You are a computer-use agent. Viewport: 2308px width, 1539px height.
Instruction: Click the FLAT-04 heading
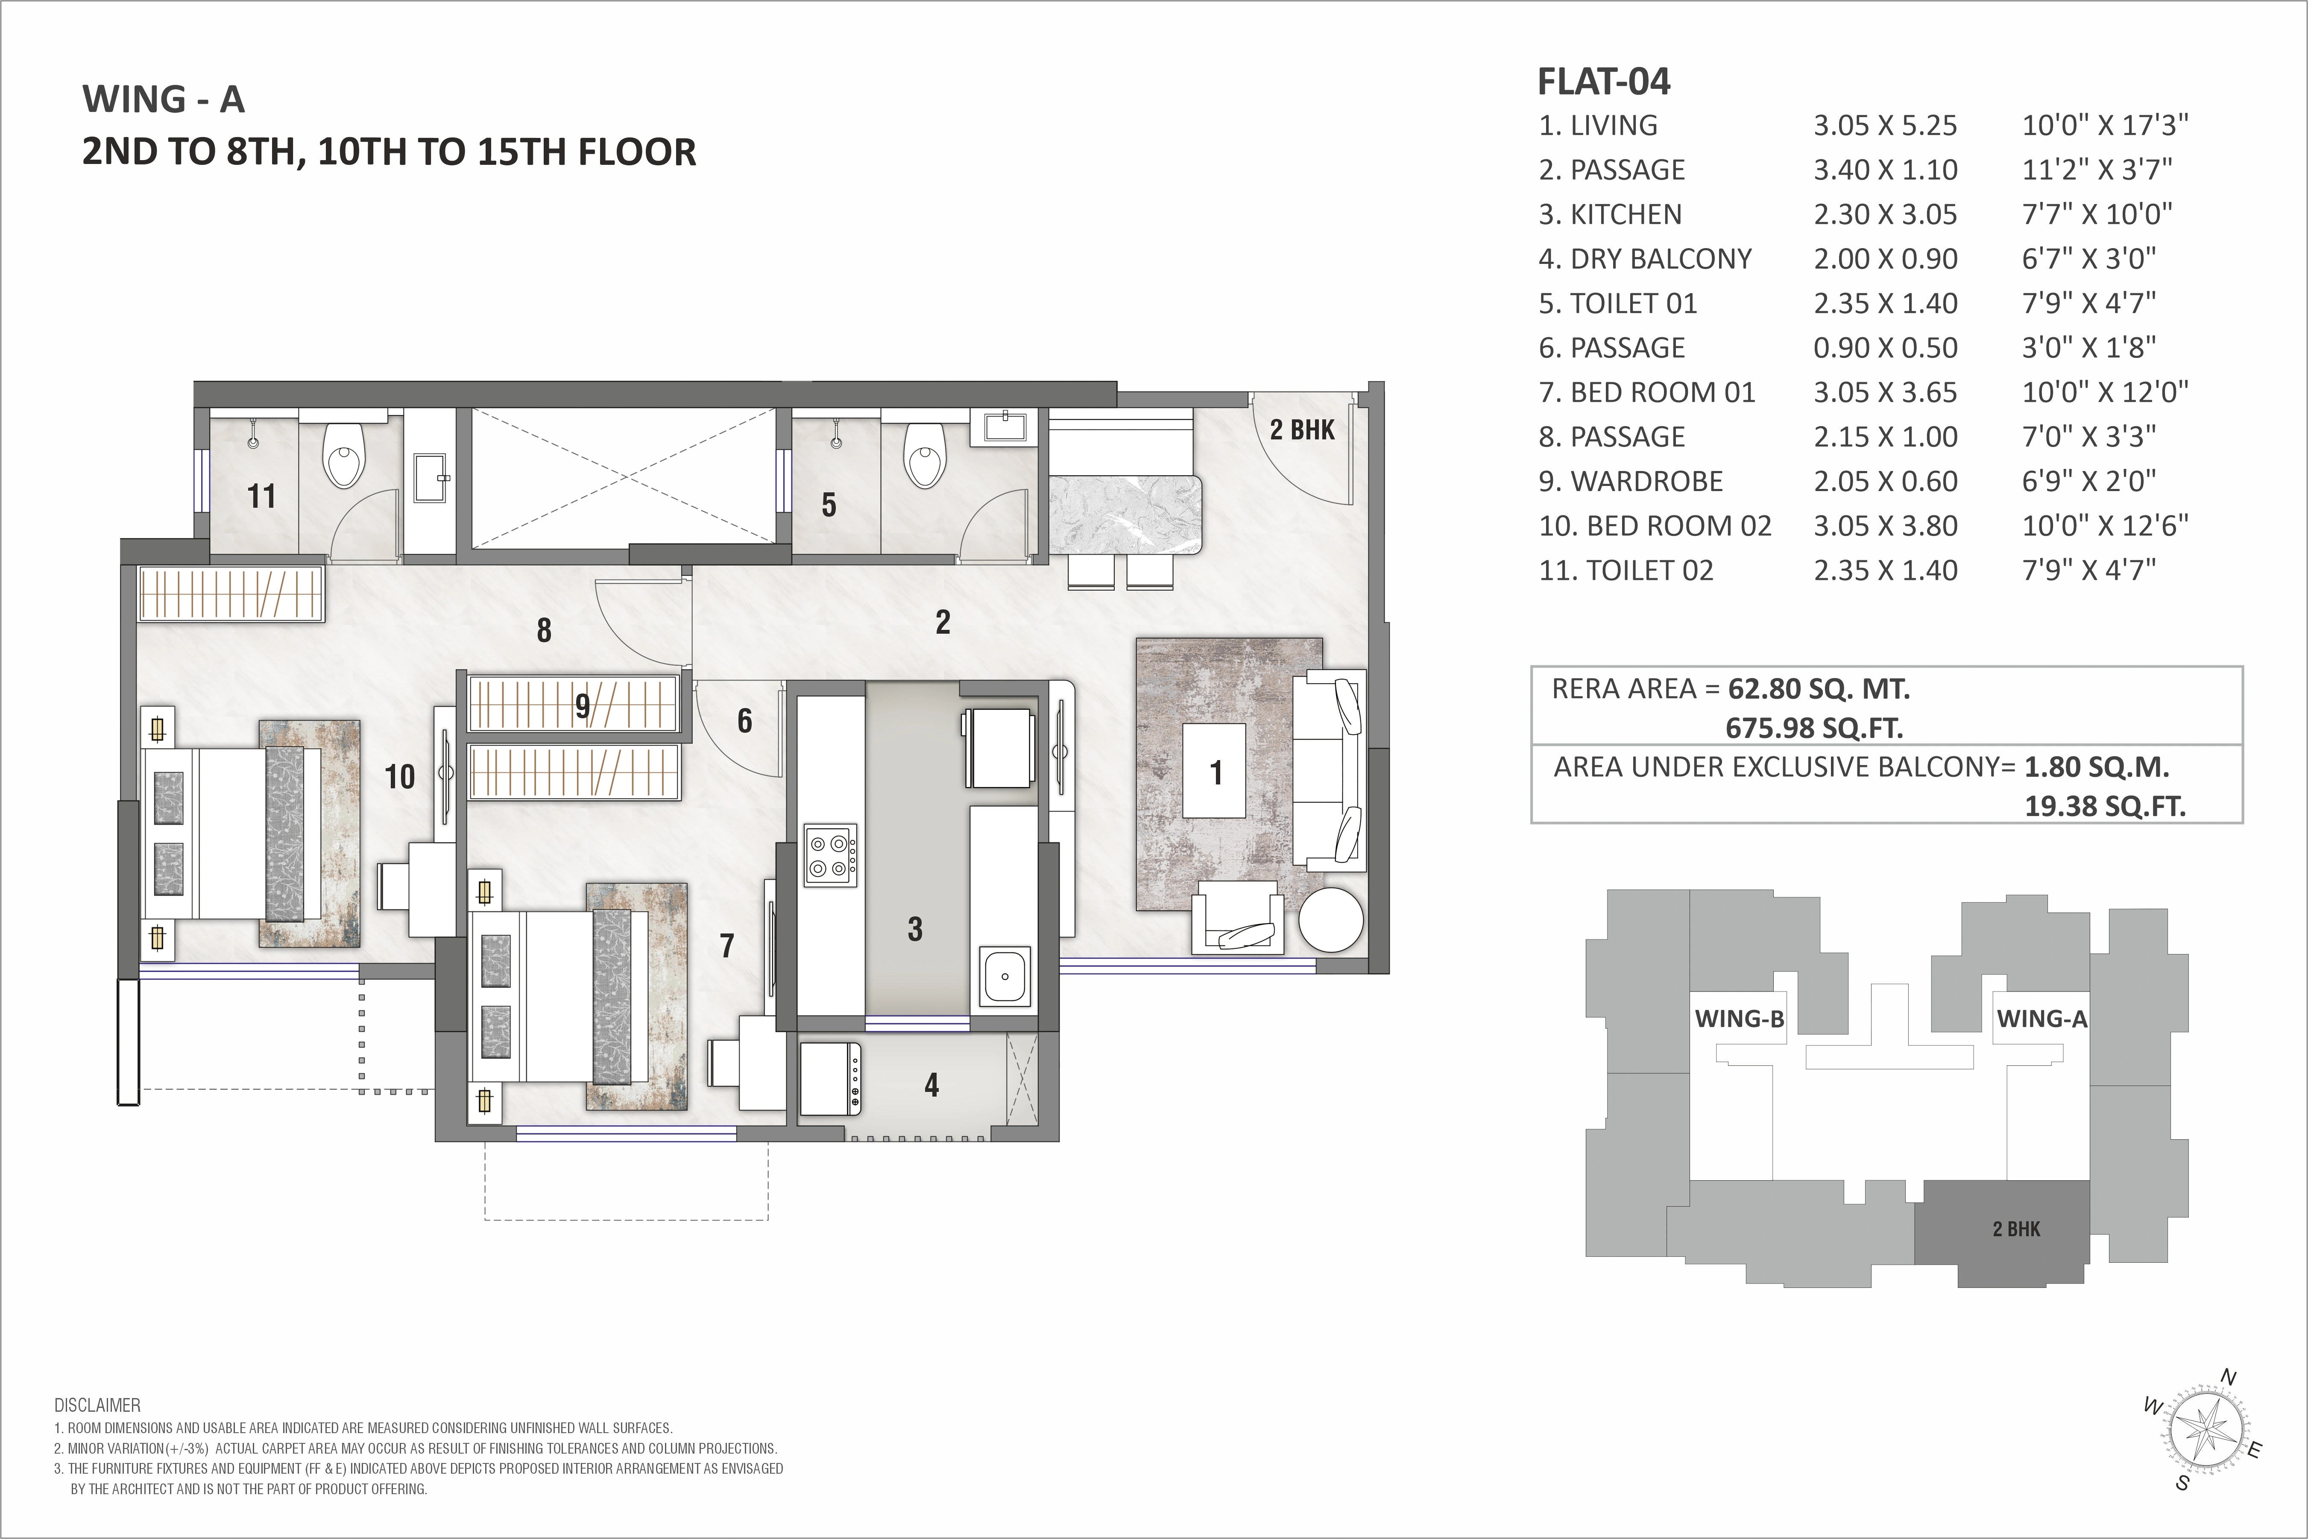click(1603, 82)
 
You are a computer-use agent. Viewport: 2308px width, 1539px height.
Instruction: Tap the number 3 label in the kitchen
click(915, 928)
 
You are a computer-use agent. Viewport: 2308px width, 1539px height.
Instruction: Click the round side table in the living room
click(1331, 920)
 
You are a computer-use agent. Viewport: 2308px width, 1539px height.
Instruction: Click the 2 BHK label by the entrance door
click(1302, 430)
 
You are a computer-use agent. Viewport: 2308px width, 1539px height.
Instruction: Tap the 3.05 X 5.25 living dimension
click(1885, 126)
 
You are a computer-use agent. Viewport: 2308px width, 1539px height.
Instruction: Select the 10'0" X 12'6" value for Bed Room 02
click(2105, 526)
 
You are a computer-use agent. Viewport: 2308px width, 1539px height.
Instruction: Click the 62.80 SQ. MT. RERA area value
click(1819, 689)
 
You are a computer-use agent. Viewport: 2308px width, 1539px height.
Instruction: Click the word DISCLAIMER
click(97, 1405)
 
